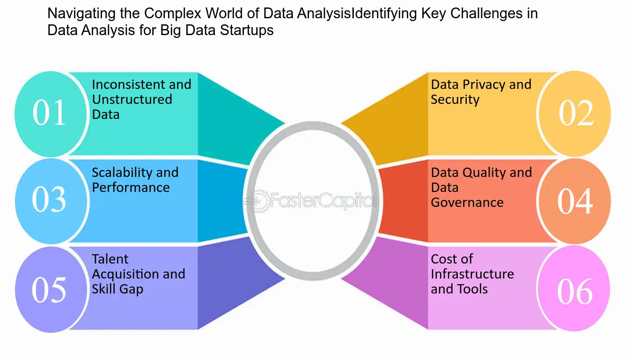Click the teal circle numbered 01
[51, 114]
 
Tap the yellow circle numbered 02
[575, 113]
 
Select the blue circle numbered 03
[51, 201]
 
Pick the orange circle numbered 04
[575, 201]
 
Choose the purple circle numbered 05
[51, 289]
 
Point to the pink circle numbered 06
[574, 288]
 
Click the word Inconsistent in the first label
[129, 84]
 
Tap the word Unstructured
[132, 99]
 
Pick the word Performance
[131, 187]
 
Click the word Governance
[467, 202]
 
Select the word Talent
[110, 259]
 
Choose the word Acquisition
[123, 274]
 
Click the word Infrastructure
[472, 274]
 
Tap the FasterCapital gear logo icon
[257, 201]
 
